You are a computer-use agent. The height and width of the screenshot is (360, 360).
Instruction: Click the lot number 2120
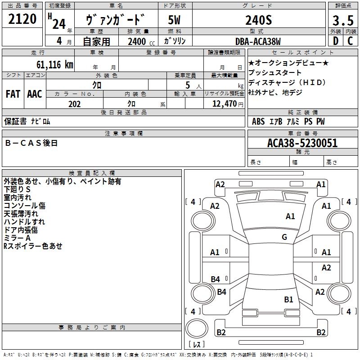pyautogui.click(x=22, y=19)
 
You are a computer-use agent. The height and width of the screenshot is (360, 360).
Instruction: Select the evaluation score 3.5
pyautogui.click(x=343, y=20)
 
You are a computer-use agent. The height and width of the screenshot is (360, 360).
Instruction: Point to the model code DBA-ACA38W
pyautogui.click(x=258, y=41)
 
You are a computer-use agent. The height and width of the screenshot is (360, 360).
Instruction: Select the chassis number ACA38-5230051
pyautogui.click(x=302, y=143)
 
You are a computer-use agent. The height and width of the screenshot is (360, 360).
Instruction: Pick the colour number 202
pyautogui.click(x=75, y=104)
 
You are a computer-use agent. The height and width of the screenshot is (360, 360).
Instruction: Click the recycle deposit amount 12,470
pyautogui.click(x=224, y=104)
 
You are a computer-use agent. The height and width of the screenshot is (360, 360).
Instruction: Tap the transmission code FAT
pyautogui.click(x=13, y=94)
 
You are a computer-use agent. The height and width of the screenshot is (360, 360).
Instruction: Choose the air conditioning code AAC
pyautogui.click(x=35, y=94)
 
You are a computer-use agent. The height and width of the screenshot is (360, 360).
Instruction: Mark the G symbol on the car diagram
pyautogui.click(x=284, y=237)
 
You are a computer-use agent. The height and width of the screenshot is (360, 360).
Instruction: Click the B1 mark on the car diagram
pyautogui.click(x=288, y=299)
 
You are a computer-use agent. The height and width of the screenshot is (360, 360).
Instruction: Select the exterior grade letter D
pyautogui.click(x=335, y=41)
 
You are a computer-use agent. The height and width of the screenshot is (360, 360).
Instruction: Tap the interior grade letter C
pyautogui.click(x=351, y=41)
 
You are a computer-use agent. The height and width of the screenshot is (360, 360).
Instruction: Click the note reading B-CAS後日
pyautogui.click(x=31, y=143)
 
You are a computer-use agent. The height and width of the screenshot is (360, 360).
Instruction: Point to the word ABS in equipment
pyautogui.click(x=258, y=121)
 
